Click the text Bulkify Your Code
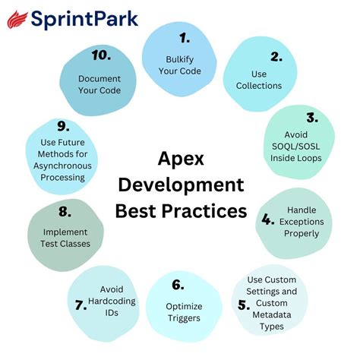[180, 65]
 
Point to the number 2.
[276, 56]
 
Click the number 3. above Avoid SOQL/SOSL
[311, 117]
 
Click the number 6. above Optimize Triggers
[178, 285]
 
